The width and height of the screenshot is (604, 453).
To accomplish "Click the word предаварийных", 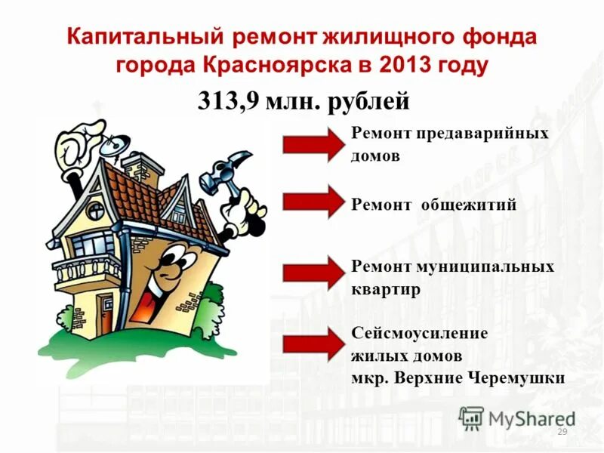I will pyautogui.click(x=482, y=134).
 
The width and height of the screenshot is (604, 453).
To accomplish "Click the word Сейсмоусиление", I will pyautogui.click(x=420, y=333).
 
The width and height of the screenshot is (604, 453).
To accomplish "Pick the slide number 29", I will pyautogui.click(x=561, y=431).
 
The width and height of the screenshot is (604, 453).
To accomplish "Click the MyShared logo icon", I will pyautogui.click(x=472, y=418).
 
